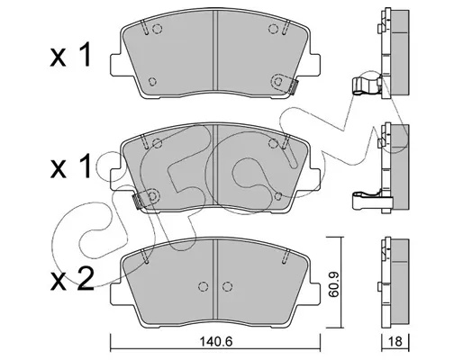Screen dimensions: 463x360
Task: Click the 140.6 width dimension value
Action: (x=216, y=342)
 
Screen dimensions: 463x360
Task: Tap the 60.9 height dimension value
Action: (x=333, y=283)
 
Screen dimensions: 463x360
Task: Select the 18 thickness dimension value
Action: (x=395, y=342)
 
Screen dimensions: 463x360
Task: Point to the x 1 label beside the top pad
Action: (x=70, y=54)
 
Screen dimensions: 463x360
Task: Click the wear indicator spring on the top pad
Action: (x=294, y=87)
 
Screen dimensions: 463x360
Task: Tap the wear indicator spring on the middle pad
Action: (x=137, y=201)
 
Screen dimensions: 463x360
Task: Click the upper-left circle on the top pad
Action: (x=157, y=29)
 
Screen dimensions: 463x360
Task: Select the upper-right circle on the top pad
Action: (x=273, y=29)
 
